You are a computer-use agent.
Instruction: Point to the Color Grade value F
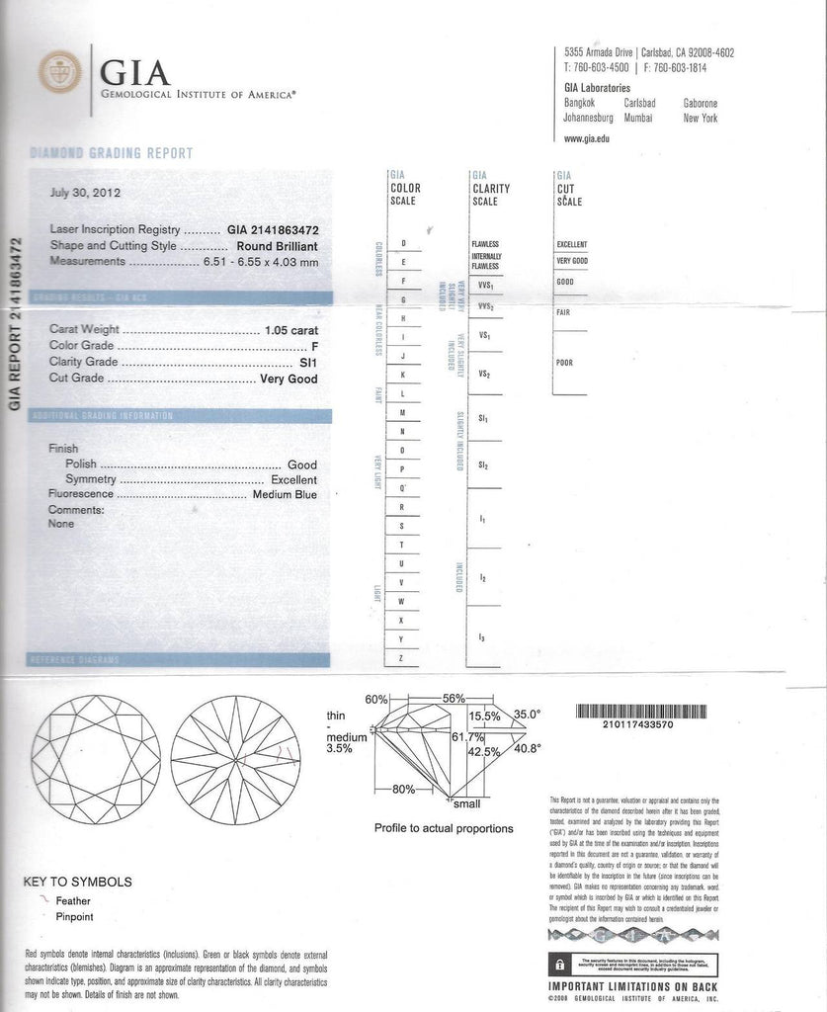click(x=313, y=347)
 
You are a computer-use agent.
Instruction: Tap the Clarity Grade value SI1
click(x=308, y=363)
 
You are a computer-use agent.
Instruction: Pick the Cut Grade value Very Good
click(x=289, y=379)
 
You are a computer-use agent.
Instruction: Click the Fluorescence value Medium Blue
click(x=285, y=494)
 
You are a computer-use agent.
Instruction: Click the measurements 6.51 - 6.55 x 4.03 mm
click(x=260, y=262)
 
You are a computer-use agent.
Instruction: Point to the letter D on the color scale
click(x=403, y=243)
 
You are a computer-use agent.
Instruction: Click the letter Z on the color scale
click(x=401, y=658)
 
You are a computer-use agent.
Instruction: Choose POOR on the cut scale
click(x=565, y=363)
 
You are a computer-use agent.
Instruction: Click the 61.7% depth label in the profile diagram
click(x=467, y=737)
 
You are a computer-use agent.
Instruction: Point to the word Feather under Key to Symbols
click(x=73, y=901)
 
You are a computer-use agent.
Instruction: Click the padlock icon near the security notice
click(x=561, y=963)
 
